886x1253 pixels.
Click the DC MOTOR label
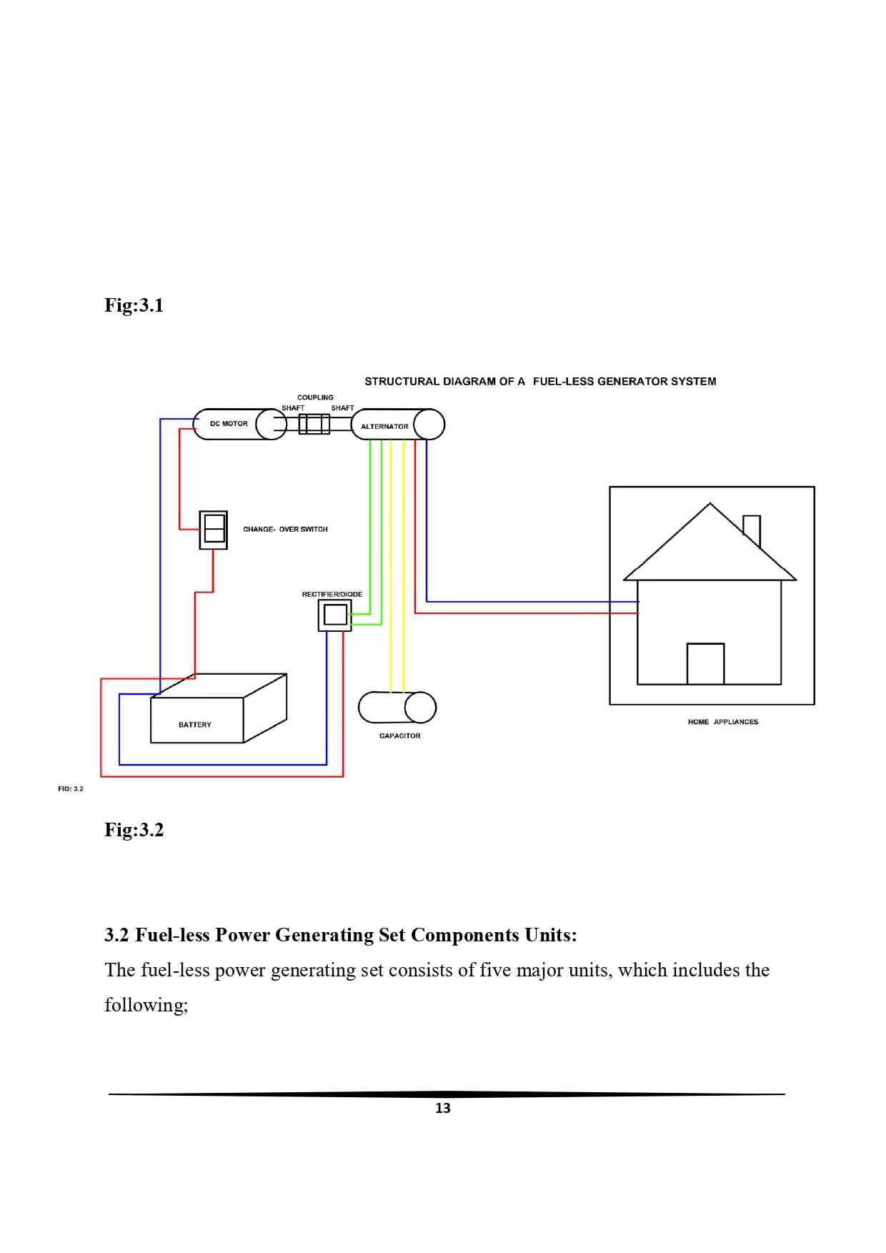(229, 424)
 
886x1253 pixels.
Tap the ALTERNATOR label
(384, 427)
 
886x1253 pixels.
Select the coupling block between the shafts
(314, 425)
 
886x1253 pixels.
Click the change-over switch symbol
(213, 530)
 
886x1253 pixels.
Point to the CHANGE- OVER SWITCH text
(285, 530)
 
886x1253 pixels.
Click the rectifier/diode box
(334, 615)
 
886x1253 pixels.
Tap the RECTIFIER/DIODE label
(332, 595)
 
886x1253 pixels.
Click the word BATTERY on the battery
(195, 725)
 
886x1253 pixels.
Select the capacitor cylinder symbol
(397, 708)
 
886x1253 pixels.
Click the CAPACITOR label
(399, 736)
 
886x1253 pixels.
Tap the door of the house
(705, 664)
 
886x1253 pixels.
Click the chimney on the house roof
(752, 530)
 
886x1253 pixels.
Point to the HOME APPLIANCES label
(722, 722)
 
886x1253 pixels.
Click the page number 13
(443, 1109)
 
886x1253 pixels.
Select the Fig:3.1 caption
(134, 305)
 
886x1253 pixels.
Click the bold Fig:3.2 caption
(134, 830)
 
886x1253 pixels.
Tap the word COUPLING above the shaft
(315, 397)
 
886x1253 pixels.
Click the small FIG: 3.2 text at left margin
(71, 789)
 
